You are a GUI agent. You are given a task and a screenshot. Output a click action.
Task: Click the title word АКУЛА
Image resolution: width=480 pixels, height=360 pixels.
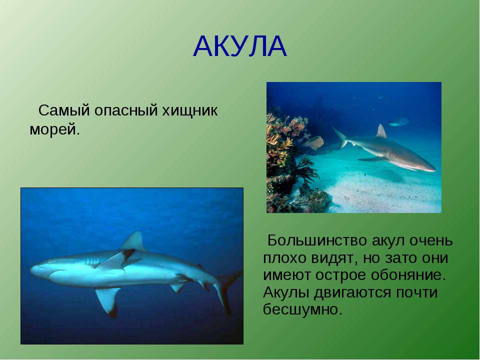point(240,46)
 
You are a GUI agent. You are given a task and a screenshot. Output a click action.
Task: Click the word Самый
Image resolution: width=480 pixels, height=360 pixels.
point(64,110)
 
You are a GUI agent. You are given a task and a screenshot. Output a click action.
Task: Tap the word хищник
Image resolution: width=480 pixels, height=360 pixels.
point(190,111)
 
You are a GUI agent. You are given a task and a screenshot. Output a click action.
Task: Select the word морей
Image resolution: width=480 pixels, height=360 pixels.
point(54,130)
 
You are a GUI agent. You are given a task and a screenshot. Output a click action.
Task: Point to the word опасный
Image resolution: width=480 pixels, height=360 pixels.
point(126,110)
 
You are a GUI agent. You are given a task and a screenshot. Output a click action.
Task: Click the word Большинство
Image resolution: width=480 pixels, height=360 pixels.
point(317,240)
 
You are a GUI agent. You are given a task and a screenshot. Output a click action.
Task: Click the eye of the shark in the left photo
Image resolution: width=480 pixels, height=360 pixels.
point(49,262)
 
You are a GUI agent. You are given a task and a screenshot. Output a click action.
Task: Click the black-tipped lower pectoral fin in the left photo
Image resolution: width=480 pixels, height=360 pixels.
point(108,301)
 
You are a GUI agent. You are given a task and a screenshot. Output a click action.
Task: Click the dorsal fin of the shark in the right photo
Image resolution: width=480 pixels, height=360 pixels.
point(381,132)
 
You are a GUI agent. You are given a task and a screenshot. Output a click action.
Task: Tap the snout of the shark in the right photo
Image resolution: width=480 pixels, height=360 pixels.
point(431,168)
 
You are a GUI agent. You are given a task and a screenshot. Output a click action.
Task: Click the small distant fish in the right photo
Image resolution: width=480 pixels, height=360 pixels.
point(398,122)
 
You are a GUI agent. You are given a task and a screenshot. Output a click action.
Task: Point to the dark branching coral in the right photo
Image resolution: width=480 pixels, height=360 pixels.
point(305,171)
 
